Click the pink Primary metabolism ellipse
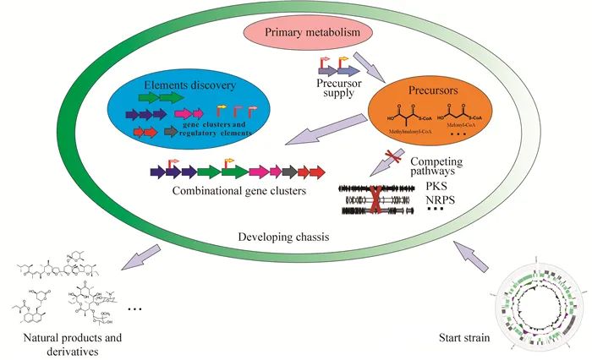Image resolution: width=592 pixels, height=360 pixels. [x=317, y=33]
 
